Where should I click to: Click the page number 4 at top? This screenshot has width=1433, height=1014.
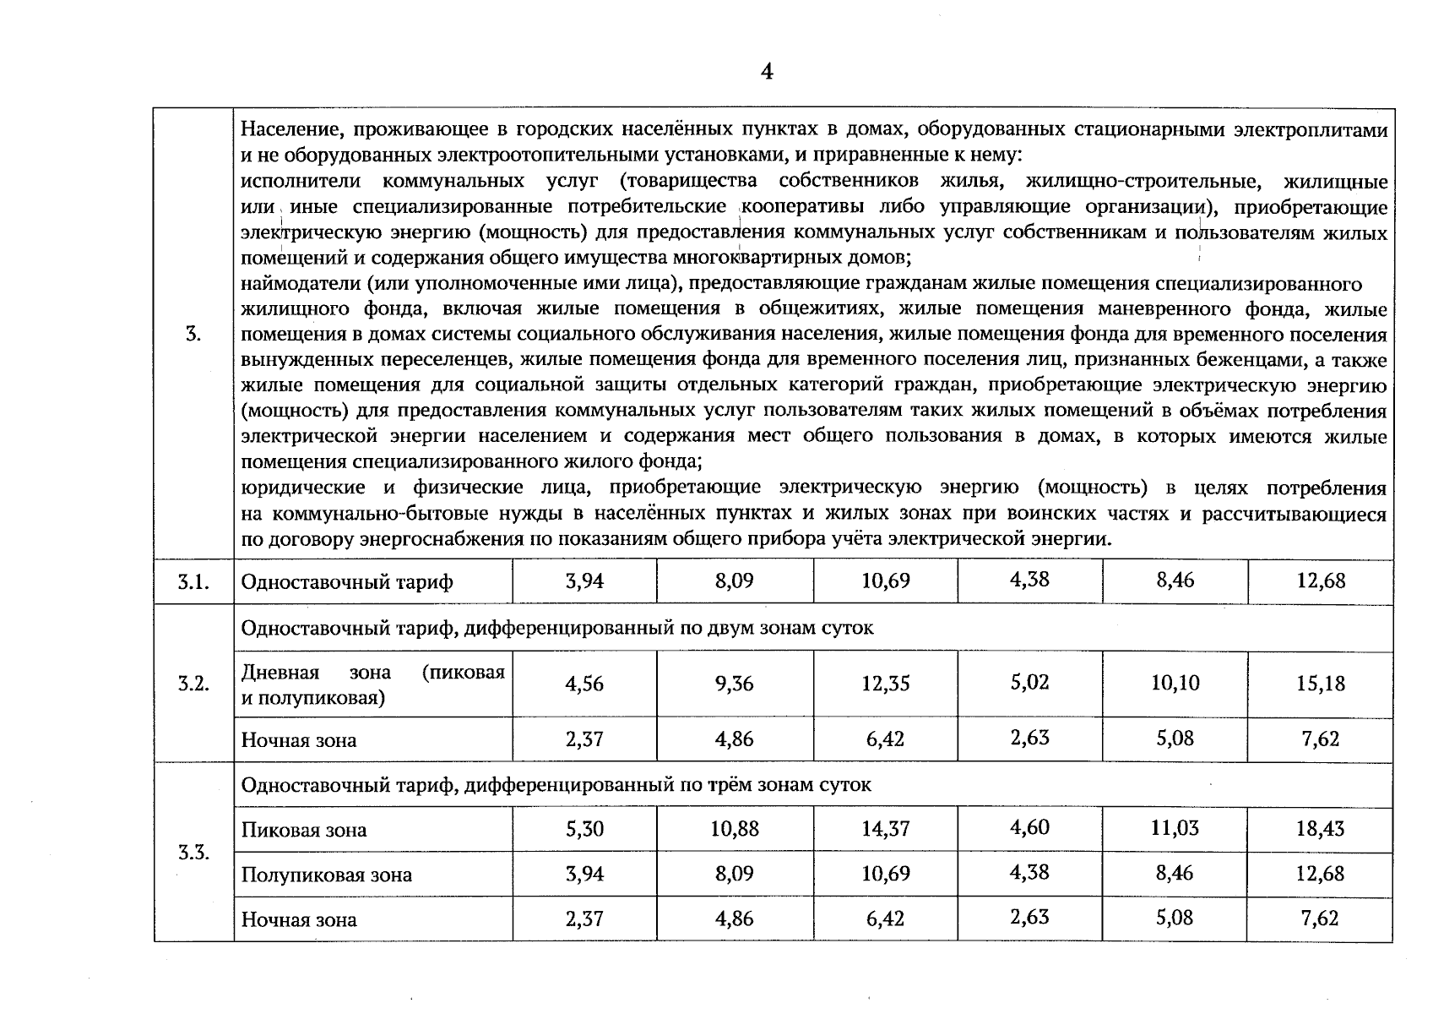coord(766,72)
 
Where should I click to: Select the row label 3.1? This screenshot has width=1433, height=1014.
coord(193,582)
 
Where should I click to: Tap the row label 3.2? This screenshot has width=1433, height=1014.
coord(193,684)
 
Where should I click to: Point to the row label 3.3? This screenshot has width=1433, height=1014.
coord(193,852)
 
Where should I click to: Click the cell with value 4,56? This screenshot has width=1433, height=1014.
coord(584,684)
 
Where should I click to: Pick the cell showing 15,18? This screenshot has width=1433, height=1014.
coord(1321,684)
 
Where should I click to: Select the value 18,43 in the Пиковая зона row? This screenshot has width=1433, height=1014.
coord(1321,829)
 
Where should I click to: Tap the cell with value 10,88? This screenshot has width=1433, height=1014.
coord(734,829)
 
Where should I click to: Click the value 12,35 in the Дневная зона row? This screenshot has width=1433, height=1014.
coord(885,684)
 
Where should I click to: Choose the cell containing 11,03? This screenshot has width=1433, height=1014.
coord(1175,828)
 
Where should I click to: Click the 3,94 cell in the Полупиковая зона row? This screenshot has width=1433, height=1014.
coord(584,873)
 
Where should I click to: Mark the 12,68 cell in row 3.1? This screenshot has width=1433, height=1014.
coord(1321,581)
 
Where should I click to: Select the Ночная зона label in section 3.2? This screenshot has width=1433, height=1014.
coord(299,740)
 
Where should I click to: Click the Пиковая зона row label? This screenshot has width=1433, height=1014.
coord(304,830)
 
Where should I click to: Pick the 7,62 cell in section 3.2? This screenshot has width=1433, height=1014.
coord(1321,739)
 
